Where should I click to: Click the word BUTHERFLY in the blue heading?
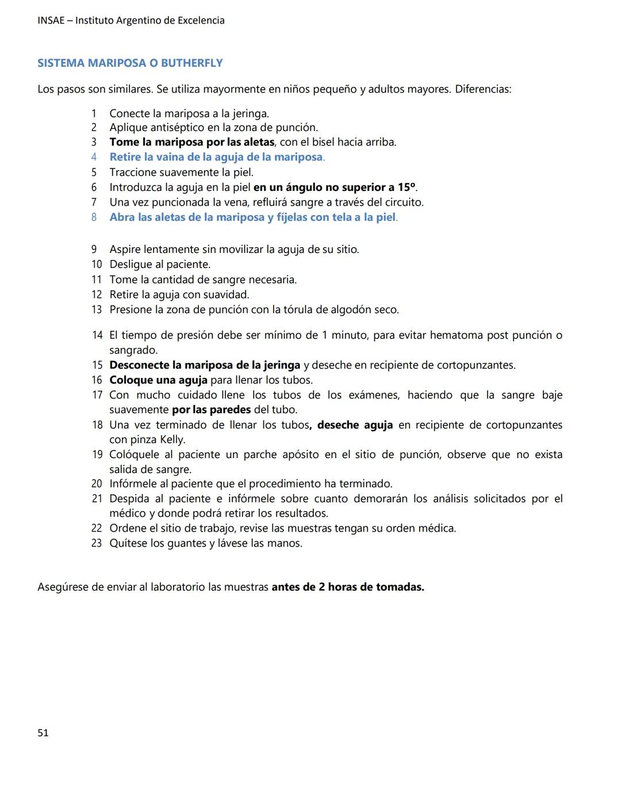pyautogui.click(x=191, y=63)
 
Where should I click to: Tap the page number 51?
pyautogui.click(x=43, y=733)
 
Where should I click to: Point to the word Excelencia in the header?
pyautogui.click(x=201, y=21)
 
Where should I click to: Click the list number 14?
pyautogui.click(x=97, y=335)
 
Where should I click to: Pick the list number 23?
pyautogui.click(x=97, y=543)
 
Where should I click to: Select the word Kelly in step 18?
pyautogui.click(x=172, y=440)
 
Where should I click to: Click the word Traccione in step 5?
pyautogui.click(x=133, y=172)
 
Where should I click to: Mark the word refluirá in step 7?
pyautogui.click(x=272, y=202)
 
